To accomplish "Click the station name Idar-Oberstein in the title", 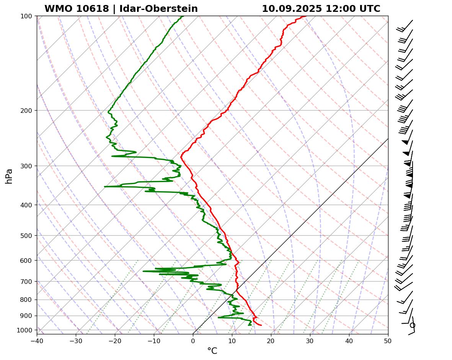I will [x=158, y=9].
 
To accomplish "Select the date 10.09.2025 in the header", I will [x=292, y=9].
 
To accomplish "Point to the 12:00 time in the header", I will [x=338, y=9].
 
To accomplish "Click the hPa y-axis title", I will [x=9, y=176].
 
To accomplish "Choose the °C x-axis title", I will [x=212, y=351].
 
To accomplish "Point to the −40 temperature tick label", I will [x=37, y=340].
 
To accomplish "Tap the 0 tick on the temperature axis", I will [x=193, y=340].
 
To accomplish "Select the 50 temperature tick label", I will [x=388, y=340].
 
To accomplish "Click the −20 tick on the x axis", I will [x=115, y=340].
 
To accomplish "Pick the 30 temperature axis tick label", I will [x=310, y=340].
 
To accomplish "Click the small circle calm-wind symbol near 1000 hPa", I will [x=412, y=325].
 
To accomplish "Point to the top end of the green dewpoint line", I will [x=183, y=16].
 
